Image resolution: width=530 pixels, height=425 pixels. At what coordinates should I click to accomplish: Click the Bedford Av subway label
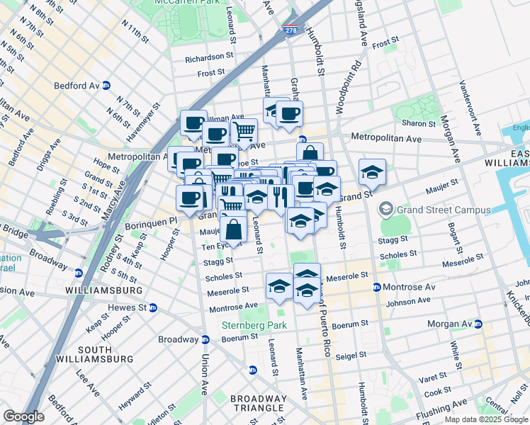(x=77, y=85)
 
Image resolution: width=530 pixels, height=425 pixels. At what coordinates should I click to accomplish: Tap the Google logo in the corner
(x=23, y=416)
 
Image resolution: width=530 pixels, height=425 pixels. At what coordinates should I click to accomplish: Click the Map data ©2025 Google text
(x=486, y=419)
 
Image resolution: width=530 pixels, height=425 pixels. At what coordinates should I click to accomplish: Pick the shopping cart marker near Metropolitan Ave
(x=244, y=131)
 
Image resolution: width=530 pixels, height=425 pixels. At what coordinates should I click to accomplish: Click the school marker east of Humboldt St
(x=372, y=172)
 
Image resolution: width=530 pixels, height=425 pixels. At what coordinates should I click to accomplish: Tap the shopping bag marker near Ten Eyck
(x=234, y=229)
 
